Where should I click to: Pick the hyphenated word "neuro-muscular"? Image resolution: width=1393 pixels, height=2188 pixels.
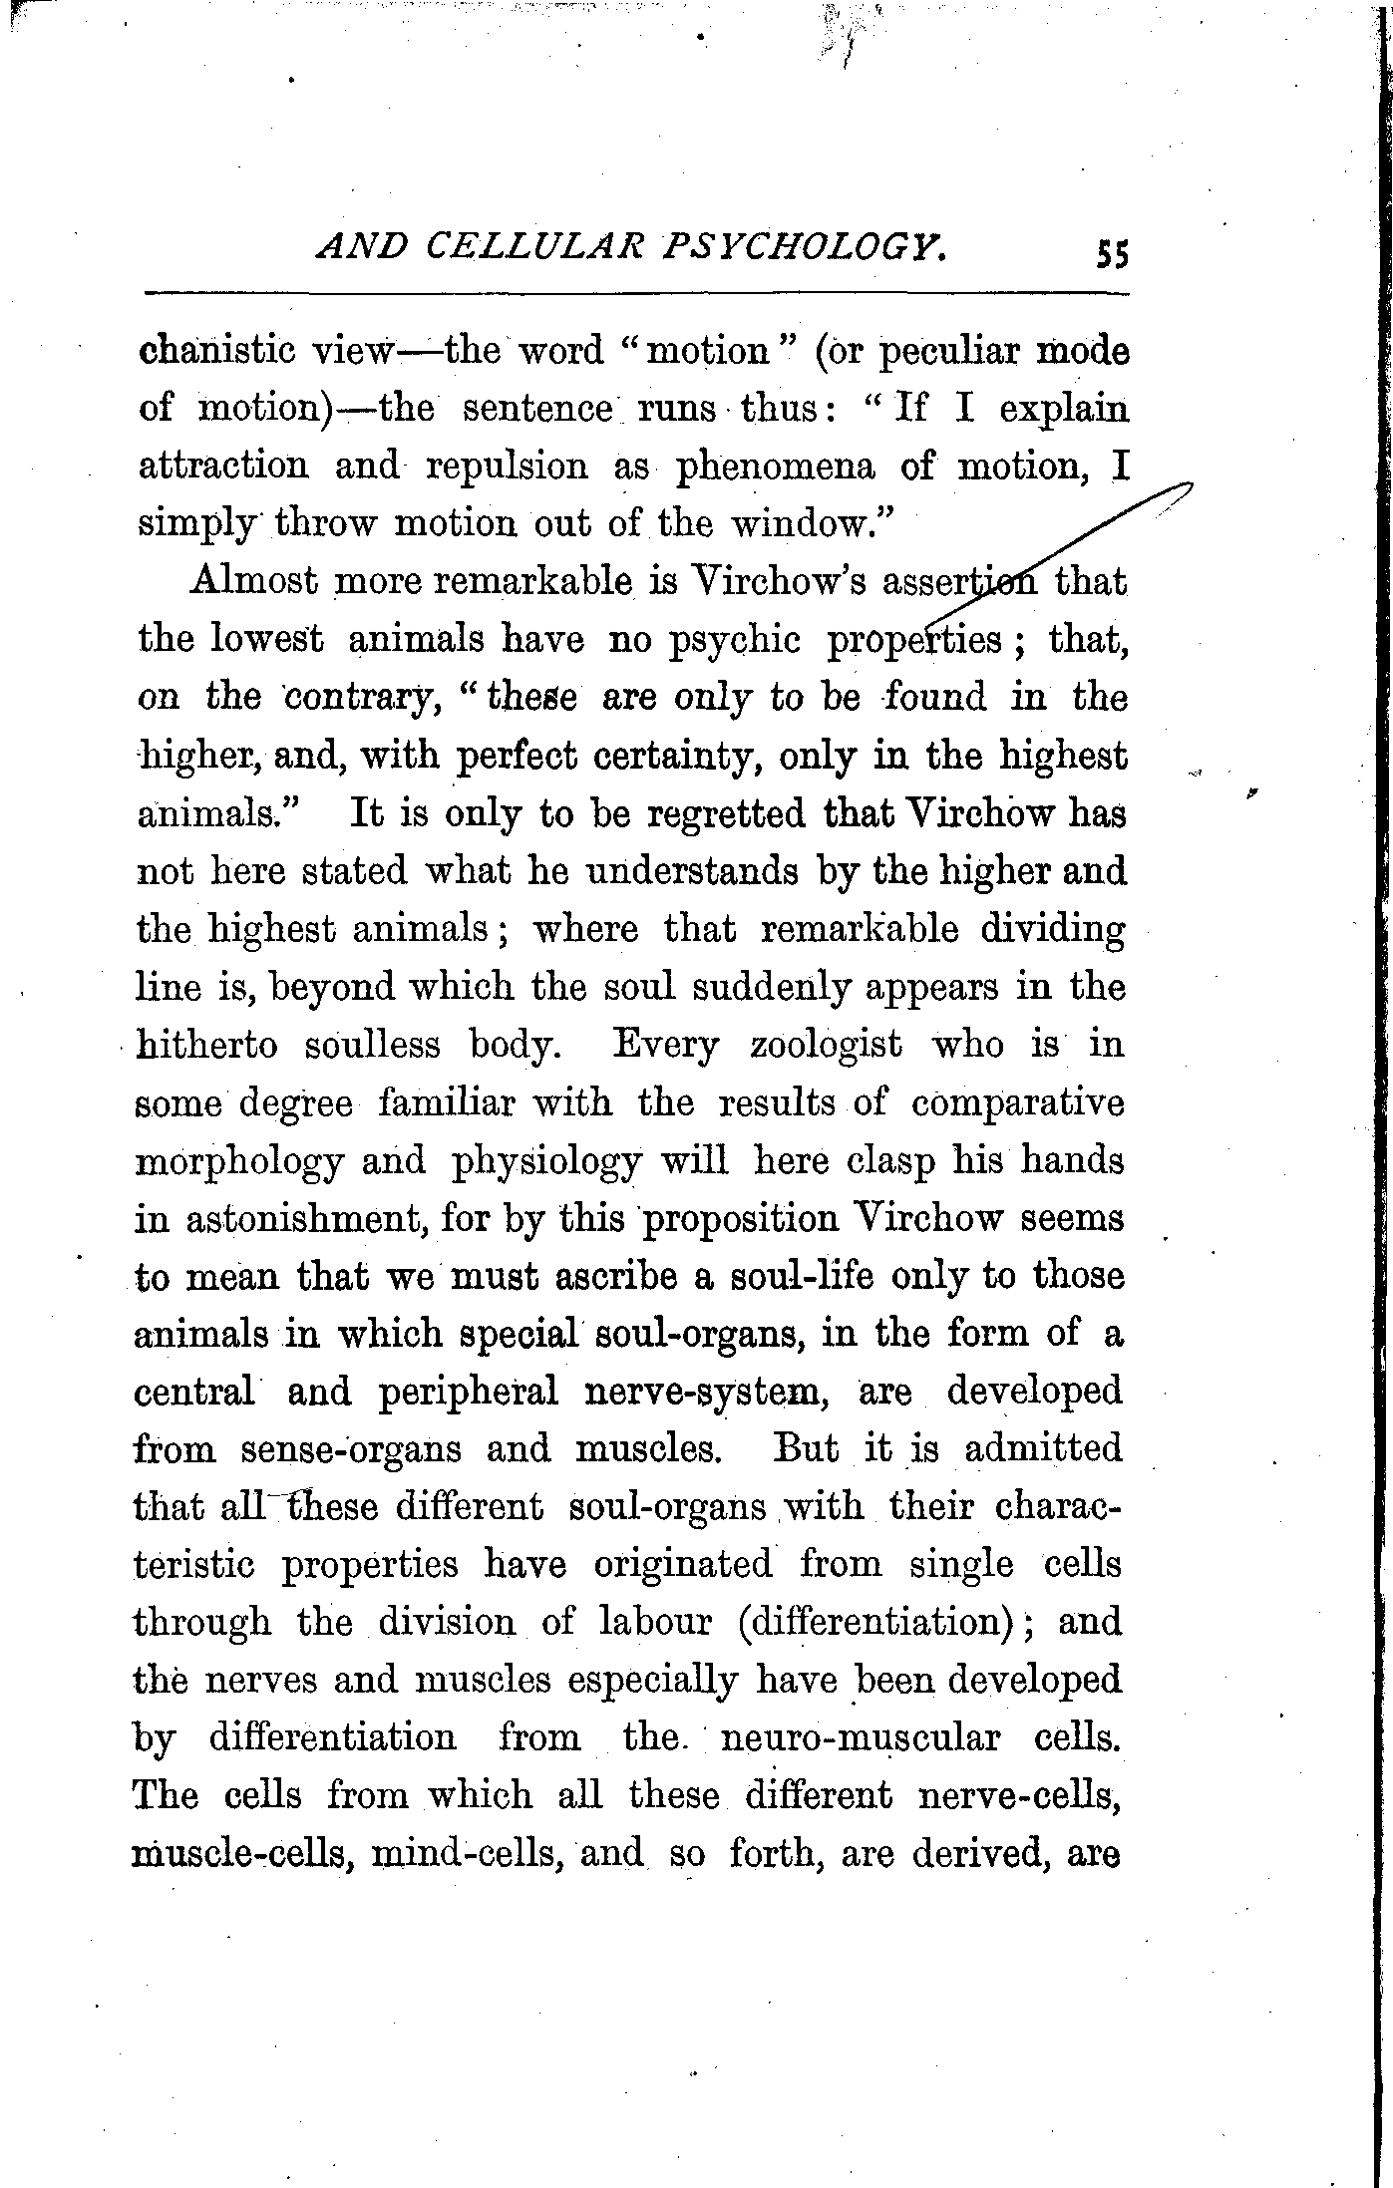coord(859,1737)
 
